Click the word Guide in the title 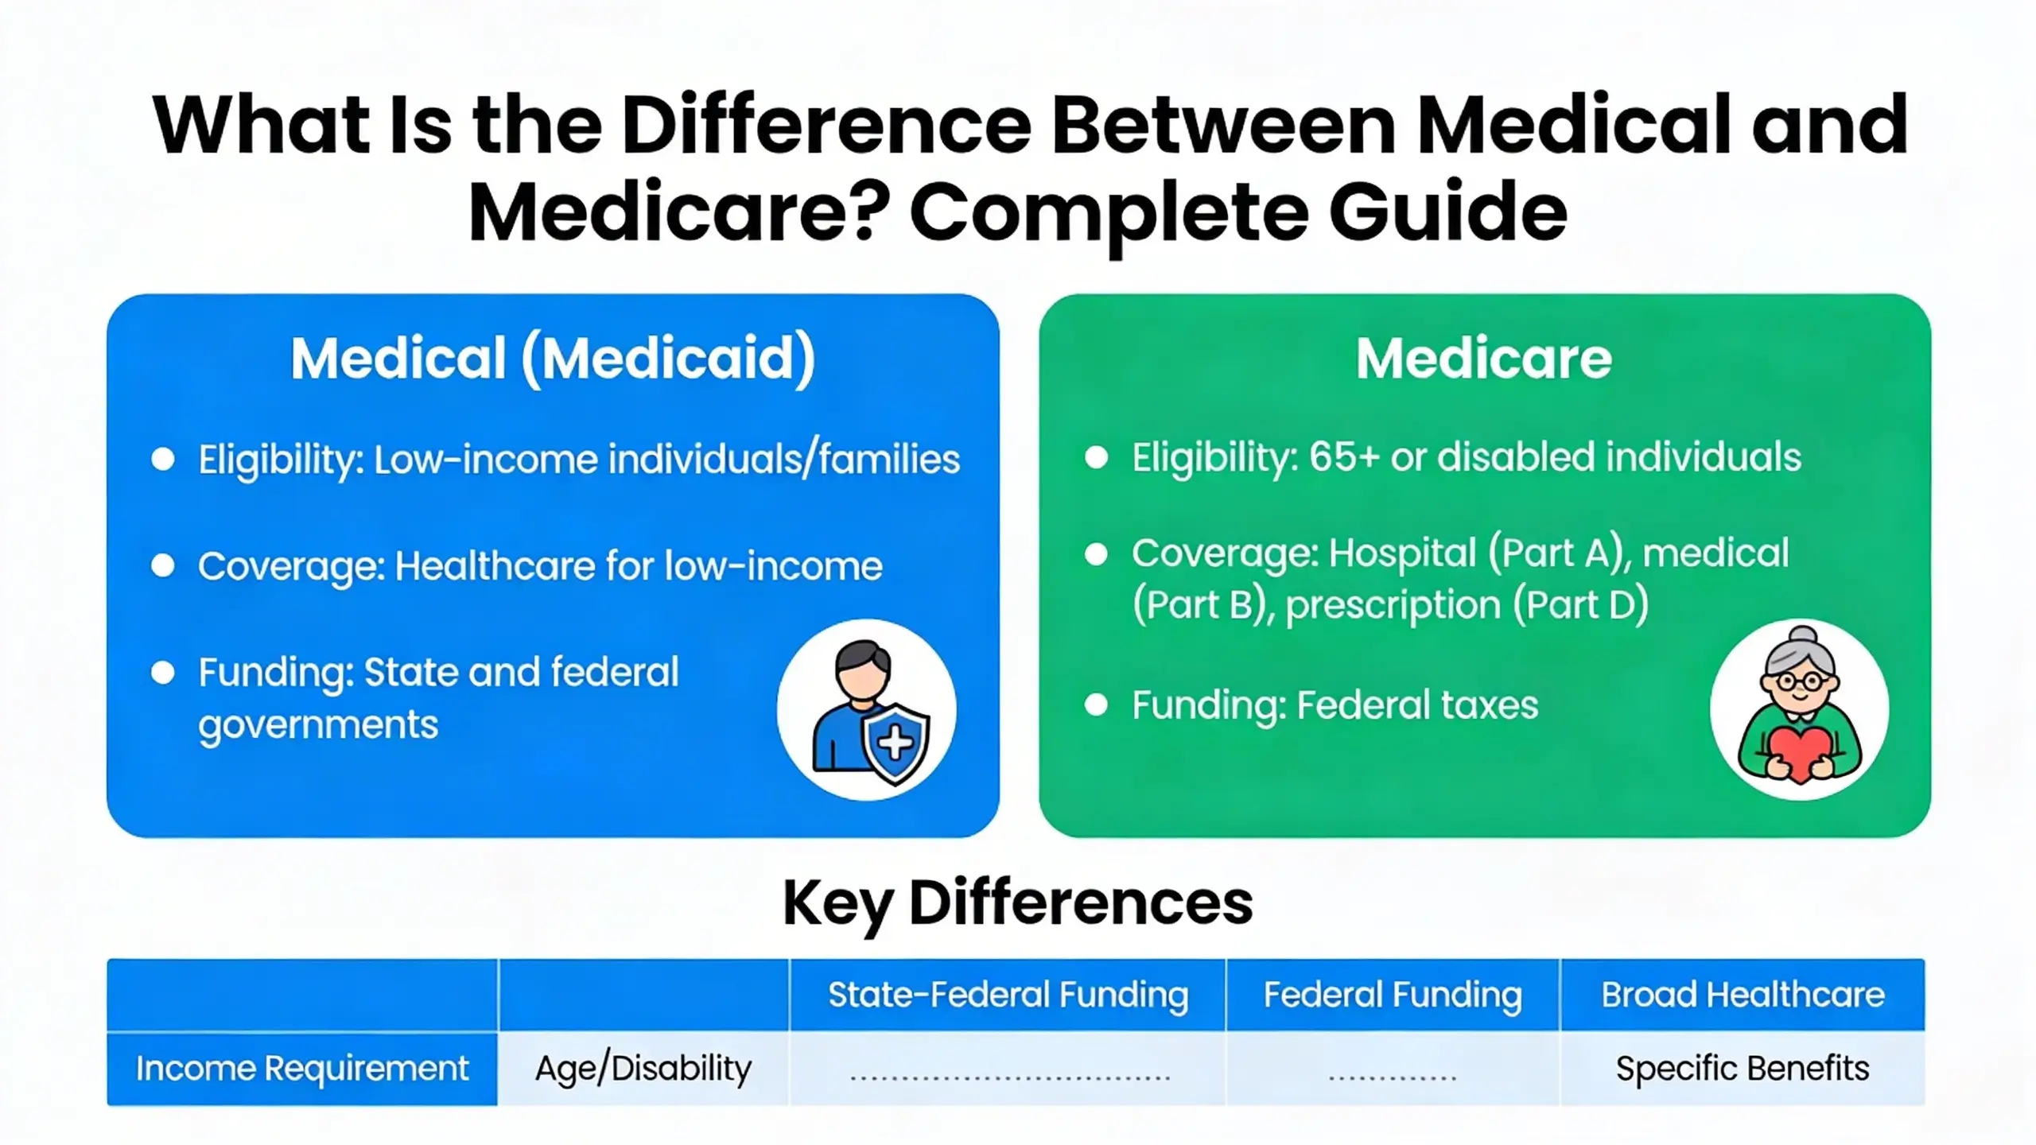coord(1447,212)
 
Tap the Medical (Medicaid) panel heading coord(553,359)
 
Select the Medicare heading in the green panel coord(1484,359)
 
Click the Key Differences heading coord(1017,903)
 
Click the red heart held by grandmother coord(1800,752)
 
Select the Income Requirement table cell coord(302,1069)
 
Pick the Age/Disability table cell coord(643,1069)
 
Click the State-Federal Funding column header coord(1008,995)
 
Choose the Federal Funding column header coord(1393,995)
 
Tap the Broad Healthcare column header coord(1743,995)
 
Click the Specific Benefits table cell coord(1743,1069)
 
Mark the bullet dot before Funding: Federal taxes coord(1096,705)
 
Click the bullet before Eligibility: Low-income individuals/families coord(163,460)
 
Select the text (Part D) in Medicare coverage coord(1580,604)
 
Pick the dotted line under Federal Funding coord(1393,1078)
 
